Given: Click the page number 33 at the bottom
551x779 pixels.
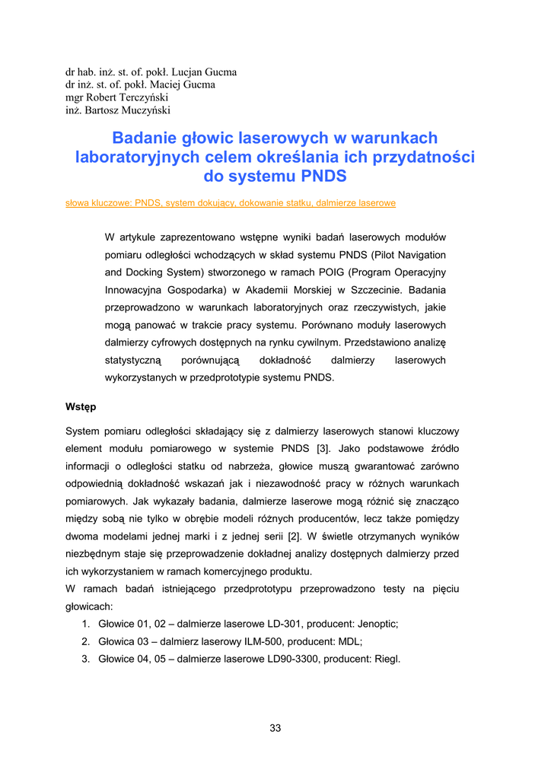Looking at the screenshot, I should [275, 728].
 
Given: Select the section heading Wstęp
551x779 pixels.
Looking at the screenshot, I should [81, 407].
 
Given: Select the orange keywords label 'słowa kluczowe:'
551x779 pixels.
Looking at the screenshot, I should [98, 204].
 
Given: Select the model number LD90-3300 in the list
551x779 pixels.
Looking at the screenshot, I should [289, 659].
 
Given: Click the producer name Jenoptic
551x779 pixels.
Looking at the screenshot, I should [377, 623].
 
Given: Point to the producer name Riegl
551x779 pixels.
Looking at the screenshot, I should [386, 659].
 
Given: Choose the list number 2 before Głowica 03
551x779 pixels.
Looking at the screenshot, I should [85, 641].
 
